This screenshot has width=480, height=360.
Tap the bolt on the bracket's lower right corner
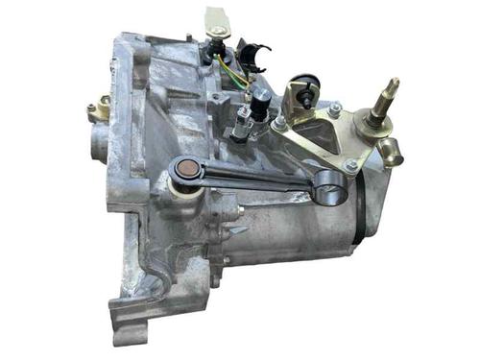click(x=351, y=165)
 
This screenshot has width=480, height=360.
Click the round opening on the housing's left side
click(x=101, y=144)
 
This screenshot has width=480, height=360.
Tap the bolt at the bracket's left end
click(x=278, y=123)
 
